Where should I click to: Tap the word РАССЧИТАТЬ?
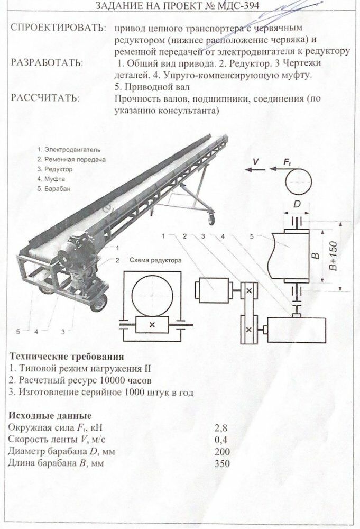(x=45, y=98)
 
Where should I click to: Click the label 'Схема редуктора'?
(x=155, y=261)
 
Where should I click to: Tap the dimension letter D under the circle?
(x=298, y=203)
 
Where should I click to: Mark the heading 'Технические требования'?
(x=66, y=356)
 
